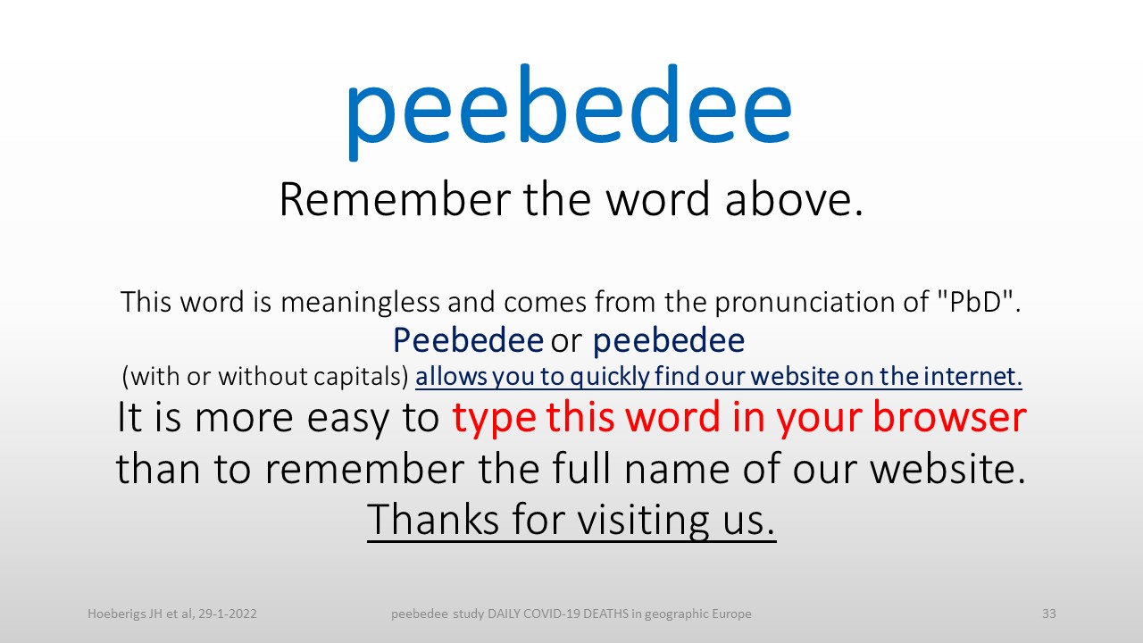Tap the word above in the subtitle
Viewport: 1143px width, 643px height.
click(794, 199)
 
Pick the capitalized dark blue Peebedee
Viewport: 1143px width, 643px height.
click(468, 340)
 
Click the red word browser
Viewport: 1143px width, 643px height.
click(949, 417)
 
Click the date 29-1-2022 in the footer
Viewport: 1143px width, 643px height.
click(228, 614)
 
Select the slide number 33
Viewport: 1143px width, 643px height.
click(1048, 614)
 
